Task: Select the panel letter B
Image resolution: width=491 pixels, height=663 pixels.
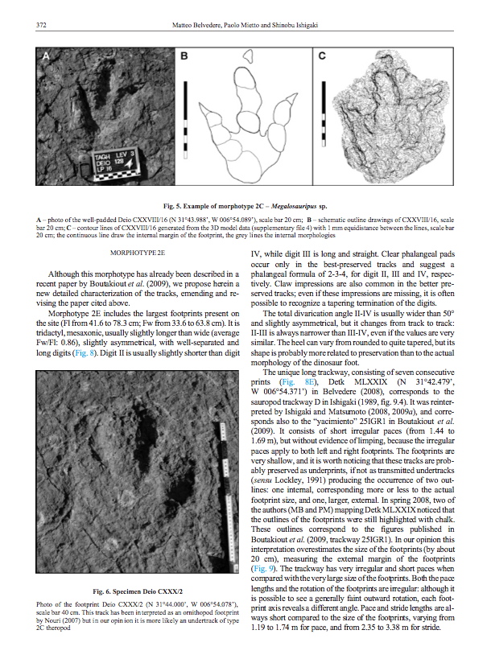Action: tap(183, 56)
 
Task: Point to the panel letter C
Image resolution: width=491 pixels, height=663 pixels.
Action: tap(321, 56)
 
